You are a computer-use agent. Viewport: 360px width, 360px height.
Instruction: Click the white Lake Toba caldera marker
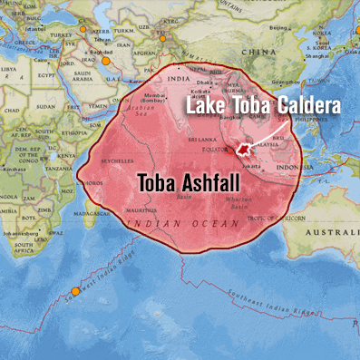[243, 148]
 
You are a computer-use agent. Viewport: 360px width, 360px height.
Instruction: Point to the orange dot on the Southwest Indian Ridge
[75, 291]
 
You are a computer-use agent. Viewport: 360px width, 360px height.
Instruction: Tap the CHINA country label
[263, 52]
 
